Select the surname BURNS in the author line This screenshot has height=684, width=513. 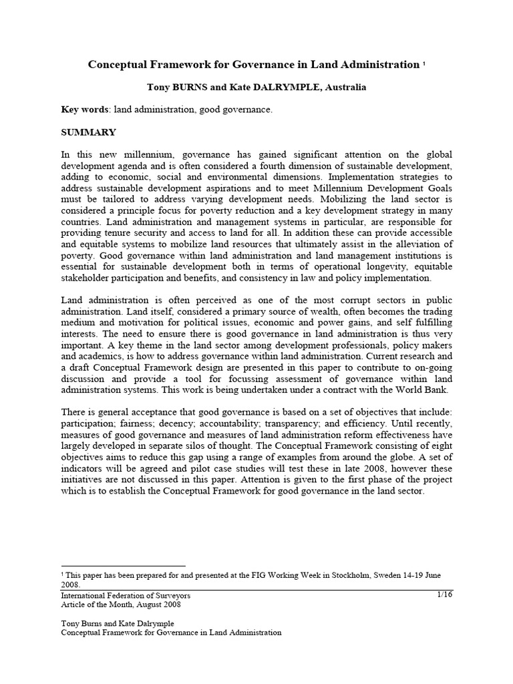[x=182, y=87]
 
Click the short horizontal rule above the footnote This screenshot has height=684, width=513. [x=123, y=565]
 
